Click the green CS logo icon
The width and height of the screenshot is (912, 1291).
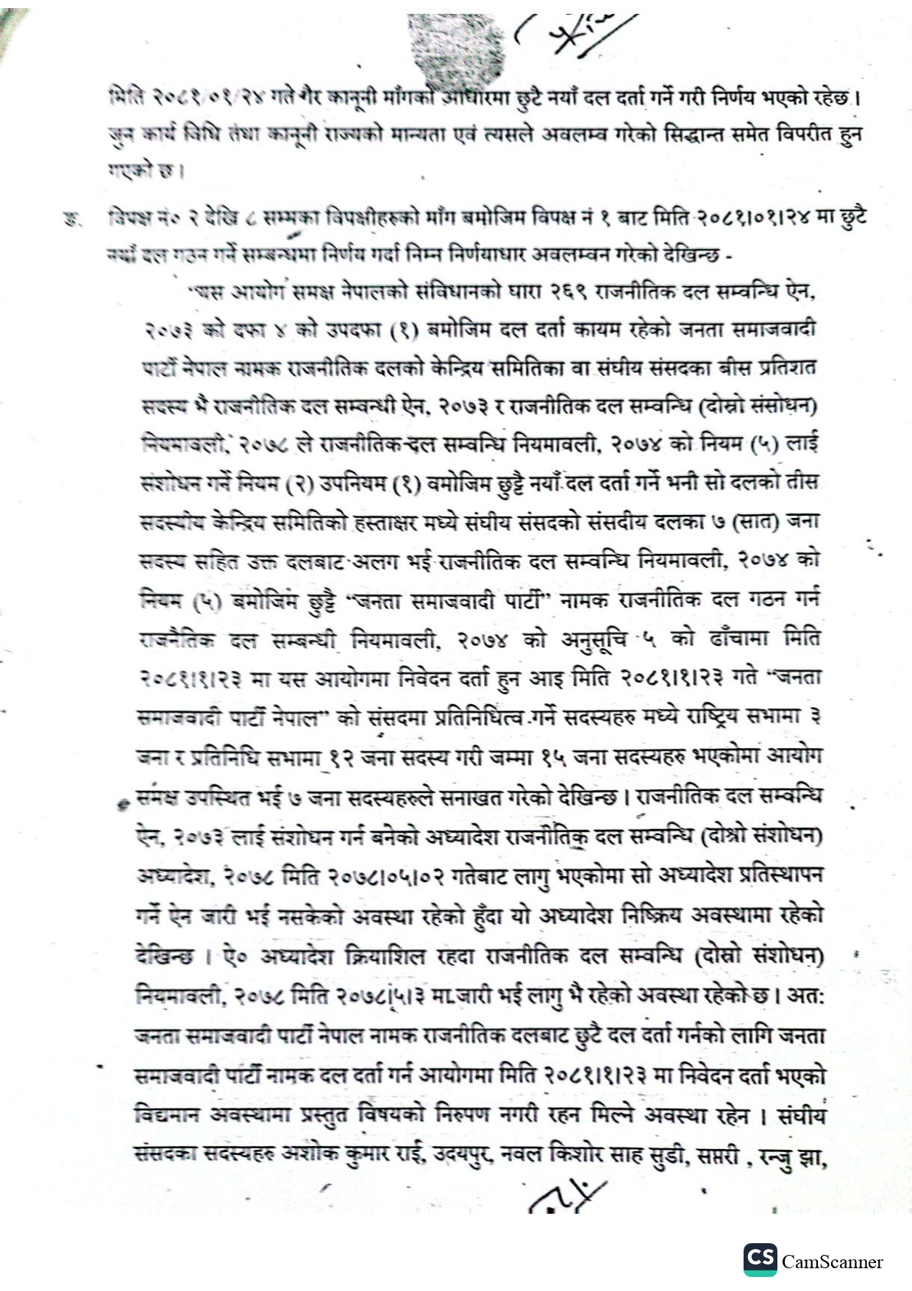coord(760,1259)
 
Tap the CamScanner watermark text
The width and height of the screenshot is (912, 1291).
coord(832,1262)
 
